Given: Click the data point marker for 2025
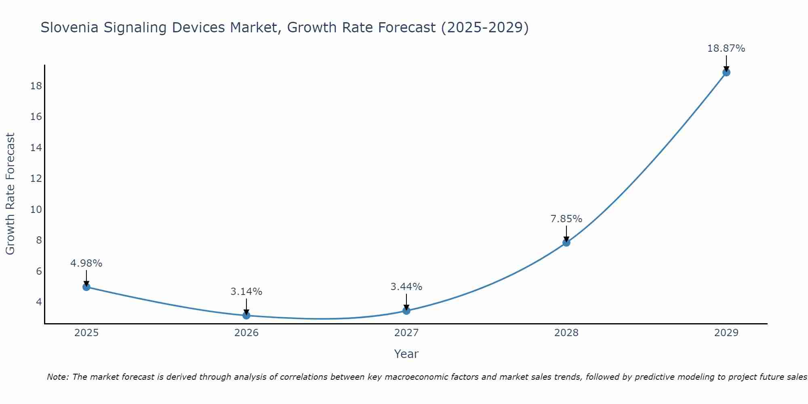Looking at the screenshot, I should (x=86, y=287).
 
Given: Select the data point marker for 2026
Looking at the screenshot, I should (x=246, y=315).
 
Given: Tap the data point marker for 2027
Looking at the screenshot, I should (x=406, y=311).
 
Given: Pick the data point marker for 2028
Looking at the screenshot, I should (x=566, y=242).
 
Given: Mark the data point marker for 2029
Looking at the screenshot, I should (x=726, y=72).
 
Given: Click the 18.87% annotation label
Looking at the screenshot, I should (x=726, y=48).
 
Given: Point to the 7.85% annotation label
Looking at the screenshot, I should (x=566, y=219).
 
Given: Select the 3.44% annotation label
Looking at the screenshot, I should (x=406, y=287).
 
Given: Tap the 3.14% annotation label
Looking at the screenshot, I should (x=246, y=292).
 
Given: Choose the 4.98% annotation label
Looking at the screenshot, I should (x=86, y=263).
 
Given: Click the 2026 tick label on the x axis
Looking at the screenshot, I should (x=246, y=333).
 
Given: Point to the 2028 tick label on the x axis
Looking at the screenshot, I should (x=566, y=333).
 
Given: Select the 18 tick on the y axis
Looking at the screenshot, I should (x=36, y=86).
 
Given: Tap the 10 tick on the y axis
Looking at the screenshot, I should (x=36, y=209).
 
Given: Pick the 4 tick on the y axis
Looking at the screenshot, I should (x=39, y=302).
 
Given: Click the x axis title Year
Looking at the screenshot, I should (x=406, y=354).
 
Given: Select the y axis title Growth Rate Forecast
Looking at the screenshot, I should (x=10, y=194).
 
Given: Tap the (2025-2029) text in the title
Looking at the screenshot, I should (x=485, y=27).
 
